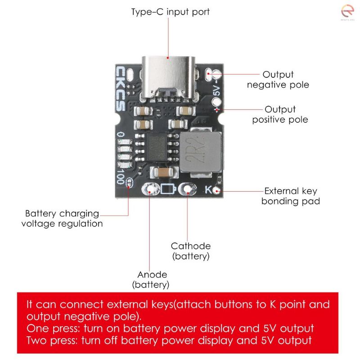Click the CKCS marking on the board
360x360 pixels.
coord(121,88)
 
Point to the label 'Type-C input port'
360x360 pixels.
coord(170,12)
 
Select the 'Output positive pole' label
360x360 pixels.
coord(280,114)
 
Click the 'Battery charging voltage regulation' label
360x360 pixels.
coord(62,218)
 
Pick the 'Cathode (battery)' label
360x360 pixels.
coord(190,251)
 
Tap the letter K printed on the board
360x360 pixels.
coord(208,189)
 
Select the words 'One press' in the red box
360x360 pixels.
coord(48,328)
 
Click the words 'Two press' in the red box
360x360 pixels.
coord(48,340)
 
